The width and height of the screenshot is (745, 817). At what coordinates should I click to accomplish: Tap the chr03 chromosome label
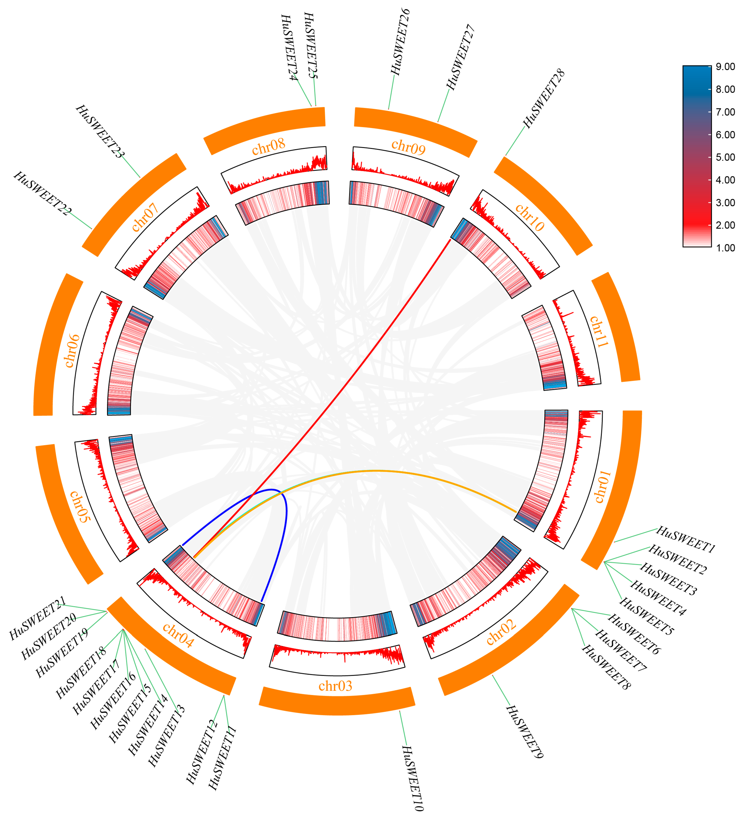335,686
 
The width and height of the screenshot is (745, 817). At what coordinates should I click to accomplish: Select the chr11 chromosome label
599,331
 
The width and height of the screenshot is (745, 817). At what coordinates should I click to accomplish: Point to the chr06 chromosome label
72,351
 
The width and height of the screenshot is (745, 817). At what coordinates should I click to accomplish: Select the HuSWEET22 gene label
43,193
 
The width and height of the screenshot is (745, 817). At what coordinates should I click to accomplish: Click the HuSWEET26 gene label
400,42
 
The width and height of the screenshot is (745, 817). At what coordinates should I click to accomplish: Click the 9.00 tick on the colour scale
725,67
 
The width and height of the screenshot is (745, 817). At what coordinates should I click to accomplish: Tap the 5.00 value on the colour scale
725,157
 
